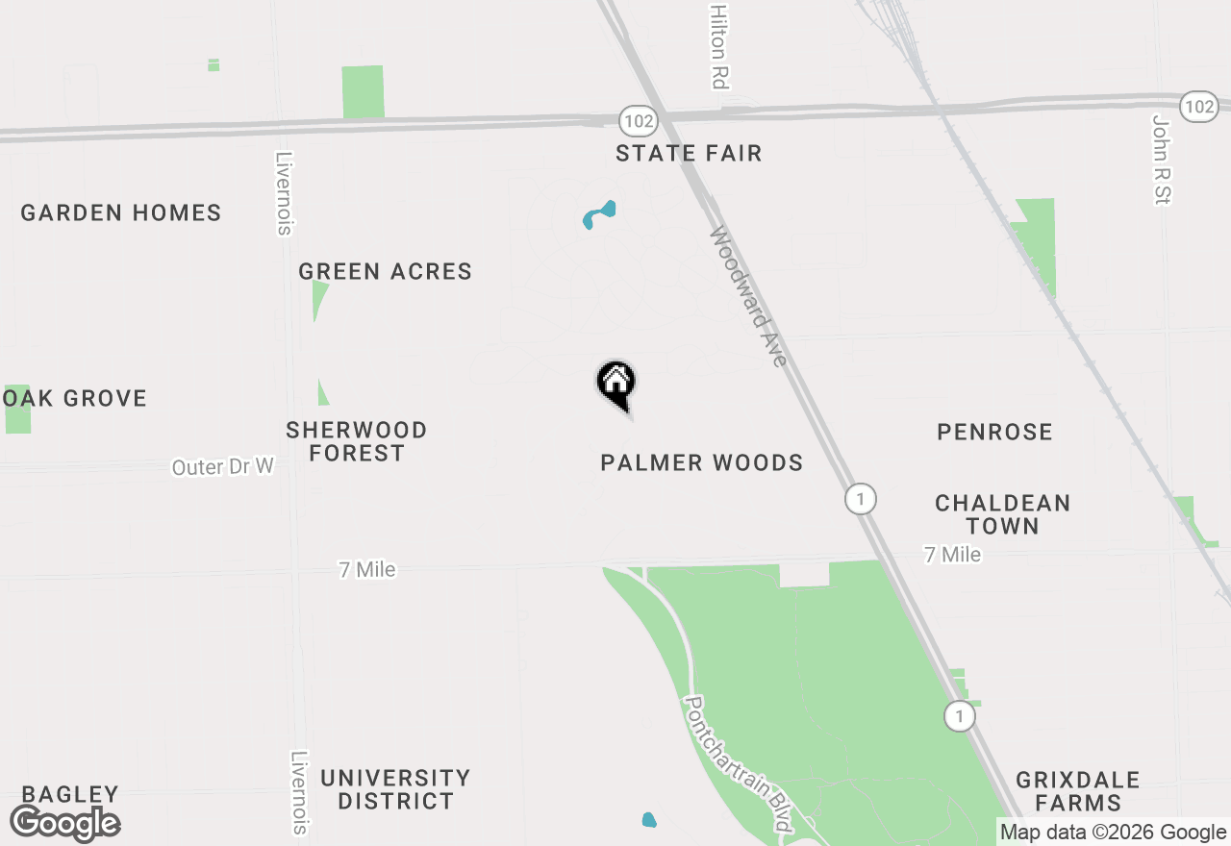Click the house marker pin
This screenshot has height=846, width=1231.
616,384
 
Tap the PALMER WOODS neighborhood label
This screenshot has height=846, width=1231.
701,463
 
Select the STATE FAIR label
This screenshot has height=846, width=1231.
689,154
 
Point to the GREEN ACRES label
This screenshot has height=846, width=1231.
385,272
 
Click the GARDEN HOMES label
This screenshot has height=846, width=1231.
121,213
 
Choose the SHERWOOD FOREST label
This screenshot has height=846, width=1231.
357,441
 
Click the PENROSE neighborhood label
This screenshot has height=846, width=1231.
994,433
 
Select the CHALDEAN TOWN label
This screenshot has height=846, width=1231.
1002,514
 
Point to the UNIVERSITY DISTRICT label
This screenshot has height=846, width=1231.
395,789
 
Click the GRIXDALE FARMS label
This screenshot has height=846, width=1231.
1078,791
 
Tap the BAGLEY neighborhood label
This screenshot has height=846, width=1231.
70,795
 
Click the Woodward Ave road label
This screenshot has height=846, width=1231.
750,296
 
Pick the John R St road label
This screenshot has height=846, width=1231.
1162,159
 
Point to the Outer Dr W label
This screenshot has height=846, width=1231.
223,467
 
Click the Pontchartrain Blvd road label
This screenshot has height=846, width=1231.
738,763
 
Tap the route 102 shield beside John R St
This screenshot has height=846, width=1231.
1198,107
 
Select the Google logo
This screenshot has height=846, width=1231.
65,824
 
